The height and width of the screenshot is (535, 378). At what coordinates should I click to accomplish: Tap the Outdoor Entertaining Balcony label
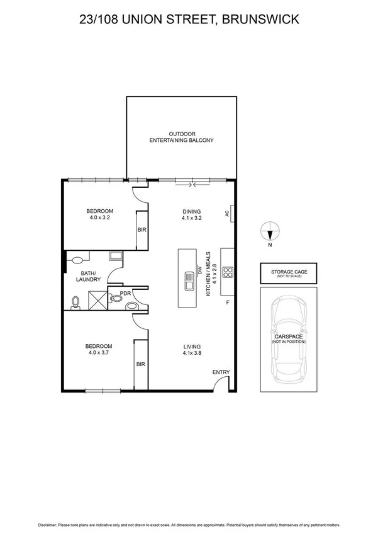click(x=181, y=137)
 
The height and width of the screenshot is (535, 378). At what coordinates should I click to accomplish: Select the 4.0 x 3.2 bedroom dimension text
click(x=99, y=219)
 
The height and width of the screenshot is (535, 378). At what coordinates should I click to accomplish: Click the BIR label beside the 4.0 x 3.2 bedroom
click(x=142, y=230)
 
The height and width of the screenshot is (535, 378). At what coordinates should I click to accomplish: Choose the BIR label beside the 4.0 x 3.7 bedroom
click(x=142, y=364)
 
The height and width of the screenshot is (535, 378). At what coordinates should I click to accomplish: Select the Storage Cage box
click(x=289, y=273)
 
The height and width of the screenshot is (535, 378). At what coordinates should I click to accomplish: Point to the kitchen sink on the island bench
click(x=188, y=279)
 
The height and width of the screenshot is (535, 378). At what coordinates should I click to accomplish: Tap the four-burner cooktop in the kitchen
click(x=230, y=273)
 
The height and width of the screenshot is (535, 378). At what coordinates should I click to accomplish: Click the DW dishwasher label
click(x=199, y=271)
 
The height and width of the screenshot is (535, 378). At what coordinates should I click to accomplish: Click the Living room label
click(x=191, y=347)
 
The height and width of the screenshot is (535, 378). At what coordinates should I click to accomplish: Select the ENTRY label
click(x=221, y=372)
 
